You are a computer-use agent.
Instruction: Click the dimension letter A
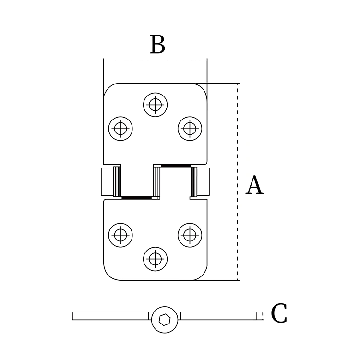(x=254, y=186)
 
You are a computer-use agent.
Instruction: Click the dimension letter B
(x=157, y=45)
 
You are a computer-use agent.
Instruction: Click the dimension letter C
(x=279, y=314)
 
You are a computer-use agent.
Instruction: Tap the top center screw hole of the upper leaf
(x=155, y=104)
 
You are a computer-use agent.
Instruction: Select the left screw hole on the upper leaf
(x=120, y=128)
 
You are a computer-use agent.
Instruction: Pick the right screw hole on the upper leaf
(x=190, y=128)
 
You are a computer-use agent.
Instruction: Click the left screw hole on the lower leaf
(x=120, y=235)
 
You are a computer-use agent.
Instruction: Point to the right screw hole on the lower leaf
(x=190, y=235)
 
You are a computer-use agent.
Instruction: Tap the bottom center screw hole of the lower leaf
(x=155, y=259)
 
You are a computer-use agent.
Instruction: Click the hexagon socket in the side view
(x=163, y=320)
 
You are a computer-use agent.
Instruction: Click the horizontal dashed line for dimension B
(x=155, y=60)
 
